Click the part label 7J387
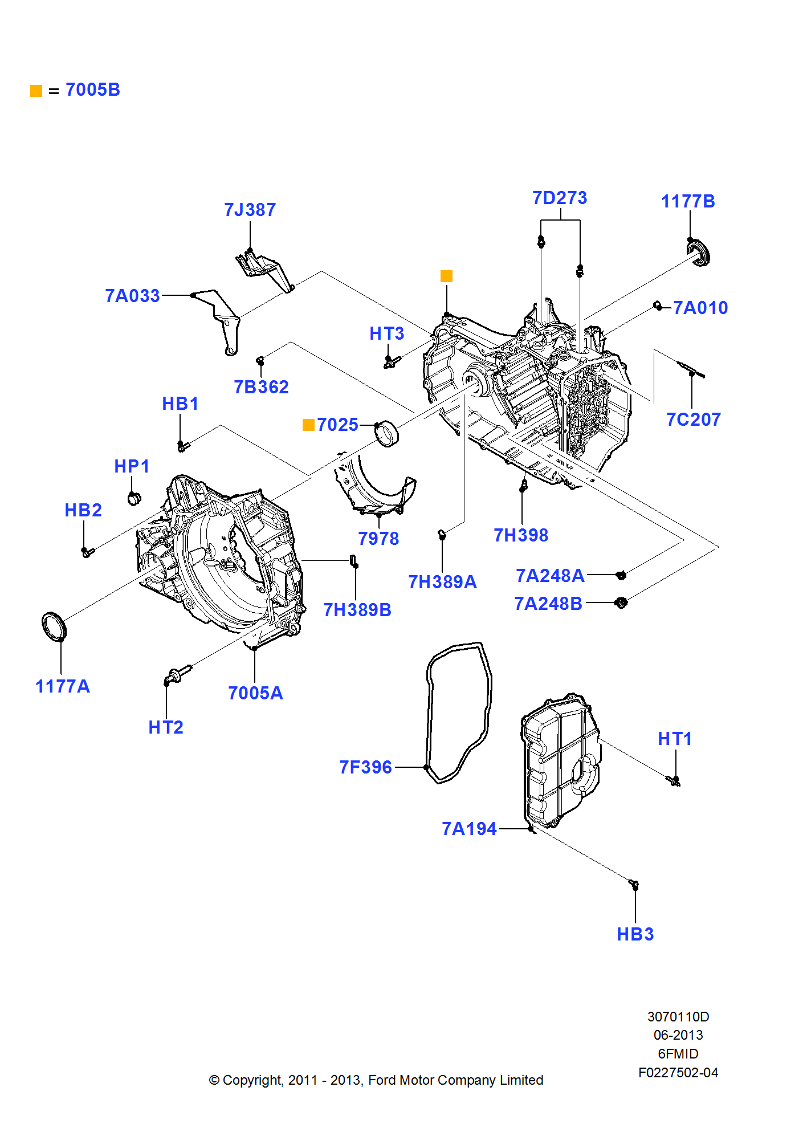coord(250,210)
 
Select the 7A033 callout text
coord(132,296)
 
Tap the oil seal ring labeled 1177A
coord(54,626)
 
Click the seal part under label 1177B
coord(699,253)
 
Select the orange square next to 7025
coord(308,425)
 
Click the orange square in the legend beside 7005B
coord(36,91)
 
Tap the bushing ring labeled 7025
coord(388,433)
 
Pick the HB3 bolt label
coord(635,934)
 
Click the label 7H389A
coord(442,582)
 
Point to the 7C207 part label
coord(694,420)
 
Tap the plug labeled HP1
coord(134,499)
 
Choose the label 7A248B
coord(548,604)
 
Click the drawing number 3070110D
coord(678,1016)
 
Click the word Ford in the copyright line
coord(382,1080)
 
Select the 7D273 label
coord(560,198)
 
